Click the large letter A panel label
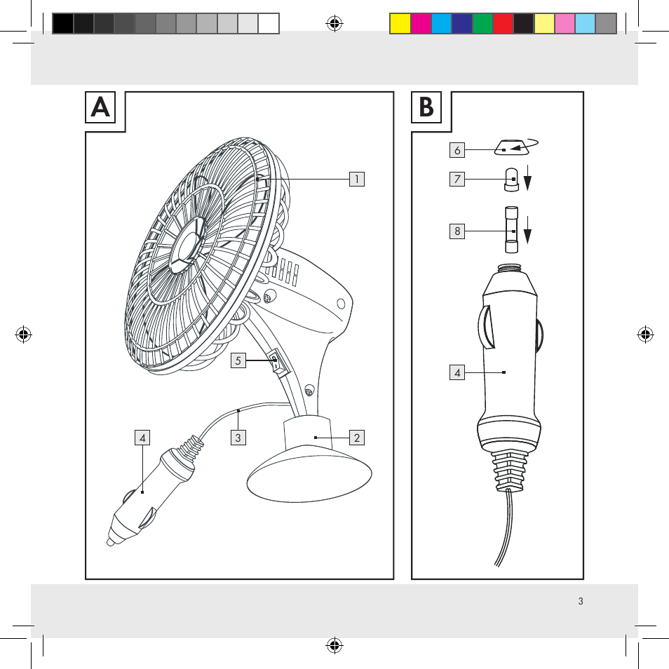point(101,107)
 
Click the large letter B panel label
point(427,107)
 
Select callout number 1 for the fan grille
point(357,179)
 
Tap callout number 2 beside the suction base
point(357,438)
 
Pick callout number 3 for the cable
point(238,438)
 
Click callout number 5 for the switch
point(238,361)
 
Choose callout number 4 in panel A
point(142,438)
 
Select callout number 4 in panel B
point(457,372)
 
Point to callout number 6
point(457,149)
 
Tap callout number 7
point(457,180)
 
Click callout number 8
point(457,230)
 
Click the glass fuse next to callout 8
point(511,230)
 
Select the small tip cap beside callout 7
point(511,180)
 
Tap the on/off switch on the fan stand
point(278,363)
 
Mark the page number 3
point(581,601)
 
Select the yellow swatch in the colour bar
point(400,24)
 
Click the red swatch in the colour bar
point(503,24)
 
